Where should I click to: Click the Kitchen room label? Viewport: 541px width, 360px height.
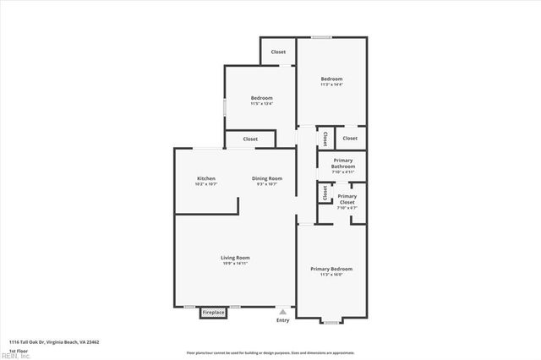(206, 178)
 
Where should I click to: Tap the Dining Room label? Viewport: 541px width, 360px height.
(267, 178)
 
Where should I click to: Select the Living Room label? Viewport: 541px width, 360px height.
(235, 258)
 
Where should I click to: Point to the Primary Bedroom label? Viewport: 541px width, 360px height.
(331, 269)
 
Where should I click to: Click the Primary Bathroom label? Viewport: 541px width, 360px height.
(343, 163)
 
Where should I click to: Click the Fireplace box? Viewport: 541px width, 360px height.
(213, 313)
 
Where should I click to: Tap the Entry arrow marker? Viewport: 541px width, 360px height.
(282, 311)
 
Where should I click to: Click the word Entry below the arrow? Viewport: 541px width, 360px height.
(282, 320)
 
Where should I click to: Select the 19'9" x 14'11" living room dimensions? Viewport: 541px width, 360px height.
(235, 264)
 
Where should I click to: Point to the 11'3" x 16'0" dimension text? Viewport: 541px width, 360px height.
(331, 275)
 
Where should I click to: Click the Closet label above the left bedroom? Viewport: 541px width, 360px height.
(278, 52)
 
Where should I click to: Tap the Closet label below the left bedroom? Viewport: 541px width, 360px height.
(250, 139)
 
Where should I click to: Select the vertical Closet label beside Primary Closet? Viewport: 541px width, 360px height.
(325, 193)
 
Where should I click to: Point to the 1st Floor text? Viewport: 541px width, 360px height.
(18, 351)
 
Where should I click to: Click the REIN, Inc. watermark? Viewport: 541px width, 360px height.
(14, 356)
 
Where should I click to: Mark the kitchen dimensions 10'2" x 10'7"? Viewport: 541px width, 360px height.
(206, 184)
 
